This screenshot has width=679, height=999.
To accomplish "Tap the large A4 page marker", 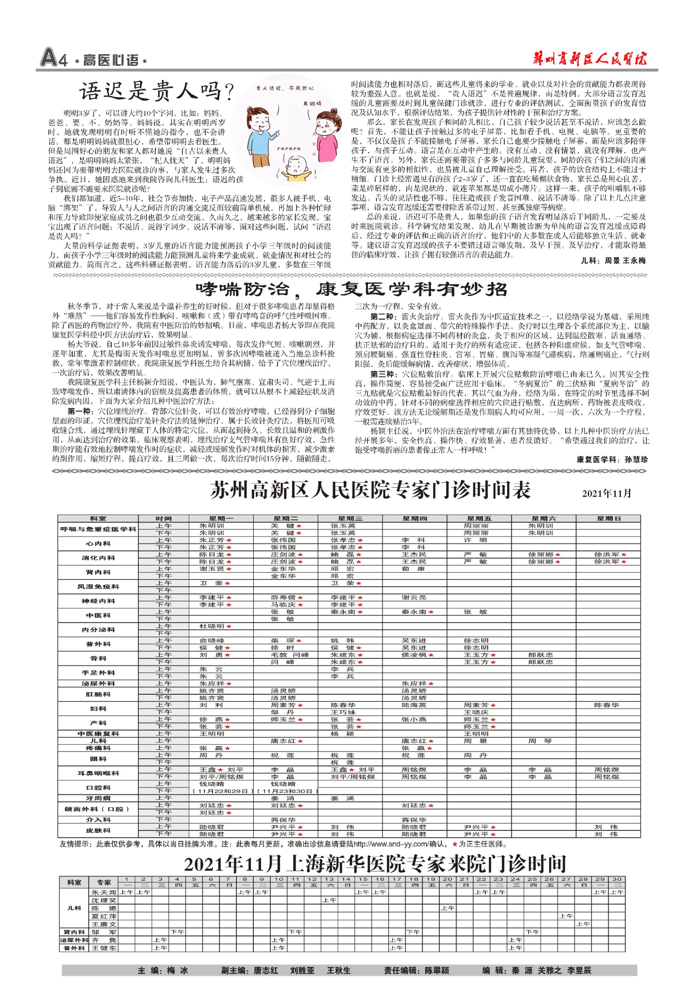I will pyautogui.click(x=54, y=58).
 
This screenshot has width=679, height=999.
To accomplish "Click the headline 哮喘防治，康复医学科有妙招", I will pyautogui.click(x=351, y=289).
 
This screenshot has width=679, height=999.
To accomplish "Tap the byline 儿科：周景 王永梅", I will pyautogui.click(x=613, y=260).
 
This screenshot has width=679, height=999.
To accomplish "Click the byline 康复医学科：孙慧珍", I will pyautogui.click(x=612, y=459).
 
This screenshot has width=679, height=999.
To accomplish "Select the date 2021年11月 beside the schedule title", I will pyautogui.click(x=606, y=493).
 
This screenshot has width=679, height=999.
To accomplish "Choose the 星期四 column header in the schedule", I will pyautogui.click(x=414, y=518).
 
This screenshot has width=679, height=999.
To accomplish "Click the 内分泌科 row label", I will pyautogui.click(x=98, y=629).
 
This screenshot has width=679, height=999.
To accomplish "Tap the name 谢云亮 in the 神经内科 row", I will pyautogui.click(x=414, y=597).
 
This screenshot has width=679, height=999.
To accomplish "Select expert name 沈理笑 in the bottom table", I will pyautogui.click(x=104, y=900).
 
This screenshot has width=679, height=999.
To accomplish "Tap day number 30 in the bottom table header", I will pyautogui.click(x=616, y=879).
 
